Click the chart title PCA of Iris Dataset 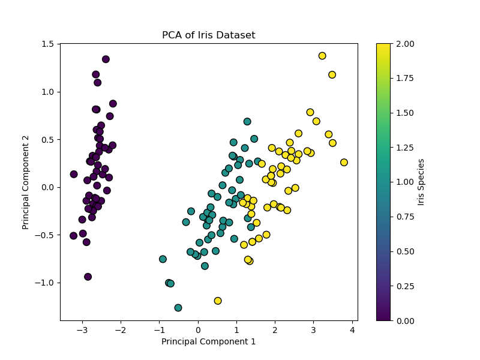[x=208, y=35]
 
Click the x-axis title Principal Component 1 [x=208, y=342]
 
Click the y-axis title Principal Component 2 [x=26, y=182]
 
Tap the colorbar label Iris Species [x=421, y=182]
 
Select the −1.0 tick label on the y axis [x=46, y=283]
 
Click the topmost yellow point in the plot [x=322, y=56]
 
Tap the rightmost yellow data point [x=344, y=163]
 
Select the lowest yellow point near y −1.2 [x=218, y=301]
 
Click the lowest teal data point [x=178, y=308]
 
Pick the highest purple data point [x=106, y=59]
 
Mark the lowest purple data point [x=88, y=277]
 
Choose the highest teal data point [x=247, y=122]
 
